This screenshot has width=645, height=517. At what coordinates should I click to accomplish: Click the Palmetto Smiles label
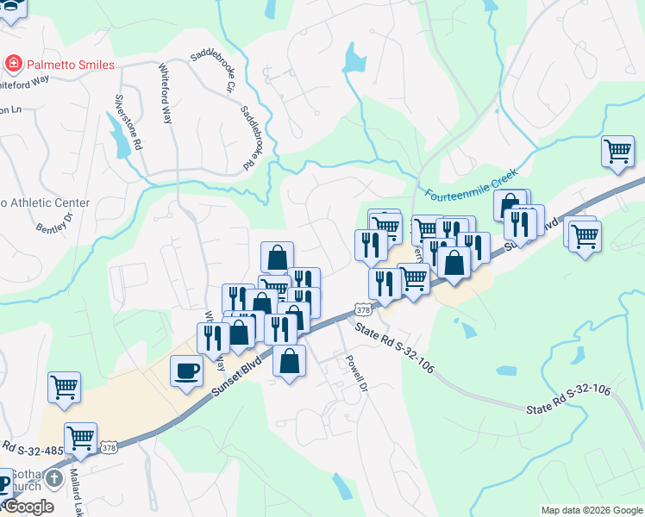(71, 64)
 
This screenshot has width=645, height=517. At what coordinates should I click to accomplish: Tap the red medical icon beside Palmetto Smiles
(14, 64)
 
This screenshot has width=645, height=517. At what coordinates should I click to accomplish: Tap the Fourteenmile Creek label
(471, 178)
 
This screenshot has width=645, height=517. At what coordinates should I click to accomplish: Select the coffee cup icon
(187, 371)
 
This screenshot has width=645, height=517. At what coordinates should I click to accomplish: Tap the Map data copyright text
(591, 510)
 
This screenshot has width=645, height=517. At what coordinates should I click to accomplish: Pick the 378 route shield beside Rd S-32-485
(109, 447)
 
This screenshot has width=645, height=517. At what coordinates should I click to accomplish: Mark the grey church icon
(55, 478)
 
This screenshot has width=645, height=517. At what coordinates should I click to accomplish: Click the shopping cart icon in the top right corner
(618, 152)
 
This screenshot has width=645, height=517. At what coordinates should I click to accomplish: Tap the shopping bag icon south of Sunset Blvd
(290, 360)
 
